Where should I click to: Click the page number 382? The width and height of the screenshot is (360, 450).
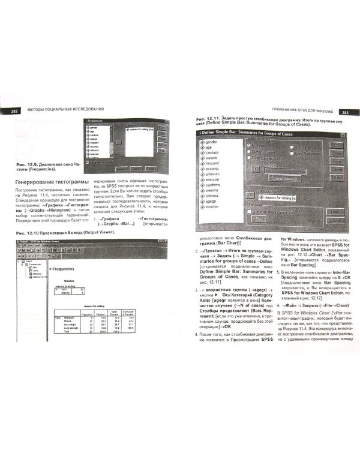pyautogui.click(x=13, y=109)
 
